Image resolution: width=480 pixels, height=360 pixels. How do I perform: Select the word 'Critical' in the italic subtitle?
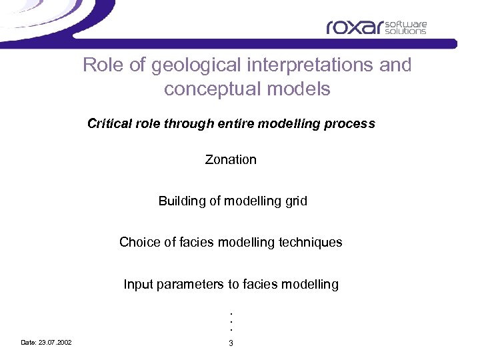(109, 123)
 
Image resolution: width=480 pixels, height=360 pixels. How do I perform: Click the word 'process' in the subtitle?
(354, 123)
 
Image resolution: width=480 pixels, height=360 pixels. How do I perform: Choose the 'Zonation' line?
(231, 159)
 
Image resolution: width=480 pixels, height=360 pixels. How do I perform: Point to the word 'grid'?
(295, 201)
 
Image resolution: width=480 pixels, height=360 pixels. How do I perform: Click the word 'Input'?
(137, 285)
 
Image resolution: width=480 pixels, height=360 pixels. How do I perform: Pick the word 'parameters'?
(191, 285)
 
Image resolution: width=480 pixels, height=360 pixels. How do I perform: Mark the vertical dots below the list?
(231, 321)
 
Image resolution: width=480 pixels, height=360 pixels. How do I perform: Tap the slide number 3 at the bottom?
(231, 343)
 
